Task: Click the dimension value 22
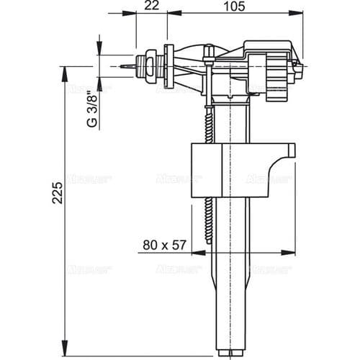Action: tap(151, 6)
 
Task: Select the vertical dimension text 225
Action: tap(58, 192)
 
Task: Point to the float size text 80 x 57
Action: tap(164, 245)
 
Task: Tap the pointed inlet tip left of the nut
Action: tap(127, 66)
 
